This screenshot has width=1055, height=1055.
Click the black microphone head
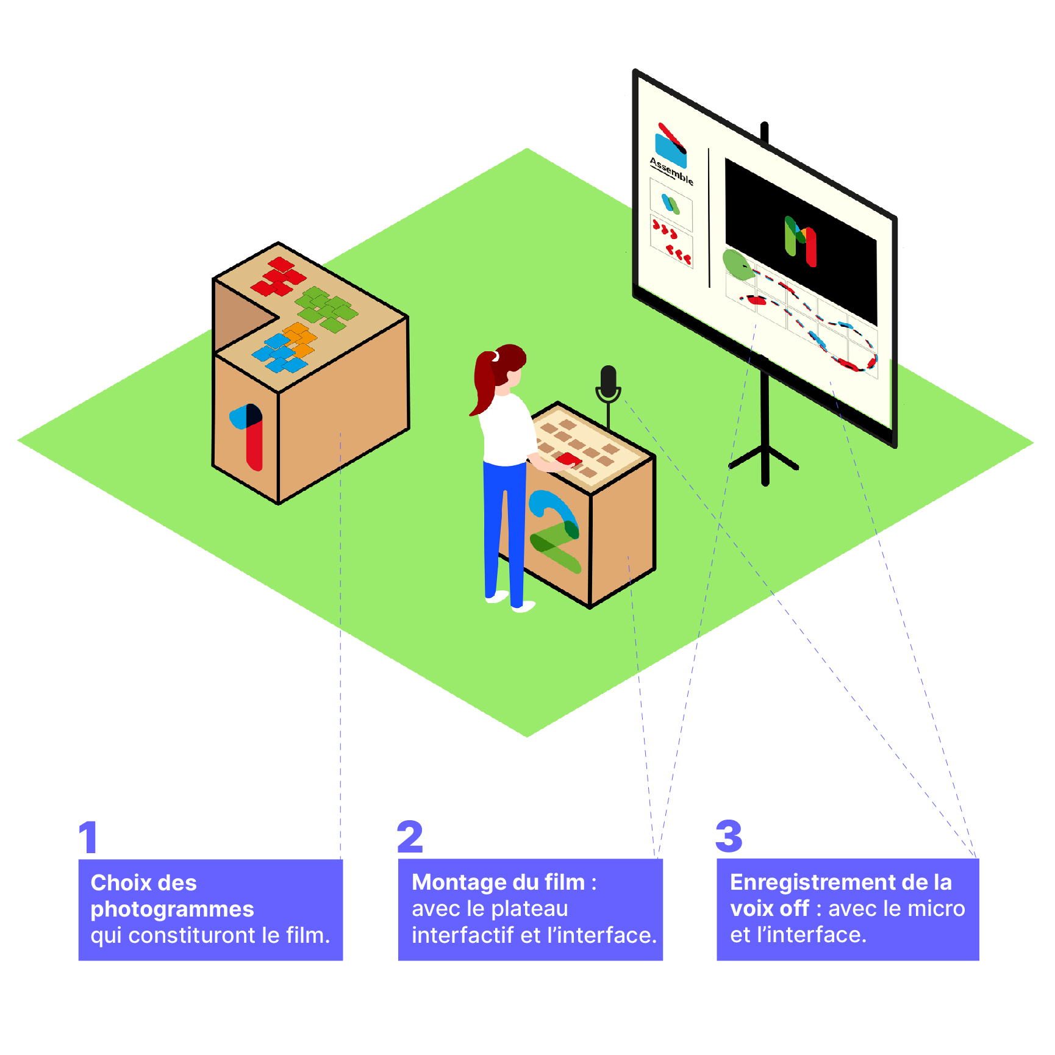(x=608, y=380)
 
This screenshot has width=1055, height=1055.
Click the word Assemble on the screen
(x=671, y=171)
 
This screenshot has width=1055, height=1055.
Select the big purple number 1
(x=89, y=837)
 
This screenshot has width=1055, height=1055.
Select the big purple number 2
(x=410, y=837)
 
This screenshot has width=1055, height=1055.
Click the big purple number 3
(x=729, y=837)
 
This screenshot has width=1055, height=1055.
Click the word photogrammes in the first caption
(x=172, y=909)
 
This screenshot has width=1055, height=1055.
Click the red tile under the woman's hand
(x=570, y=459)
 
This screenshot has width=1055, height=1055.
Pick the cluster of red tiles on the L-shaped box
(x=278, y=277)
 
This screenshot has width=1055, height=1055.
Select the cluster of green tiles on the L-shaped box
(x=326, y=309)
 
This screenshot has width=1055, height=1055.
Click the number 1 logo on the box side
(x=248, y=434)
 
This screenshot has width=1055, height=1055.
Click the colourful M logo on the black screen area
(x=800, y=241)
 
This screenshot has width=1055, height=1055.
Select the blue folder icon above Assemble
(x=671, y=146)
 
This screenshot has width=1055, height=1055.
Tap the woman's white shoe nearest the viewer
(x=523, y=606)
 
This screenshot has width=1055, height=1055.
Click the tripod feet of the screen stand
(x=765, y=463)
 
